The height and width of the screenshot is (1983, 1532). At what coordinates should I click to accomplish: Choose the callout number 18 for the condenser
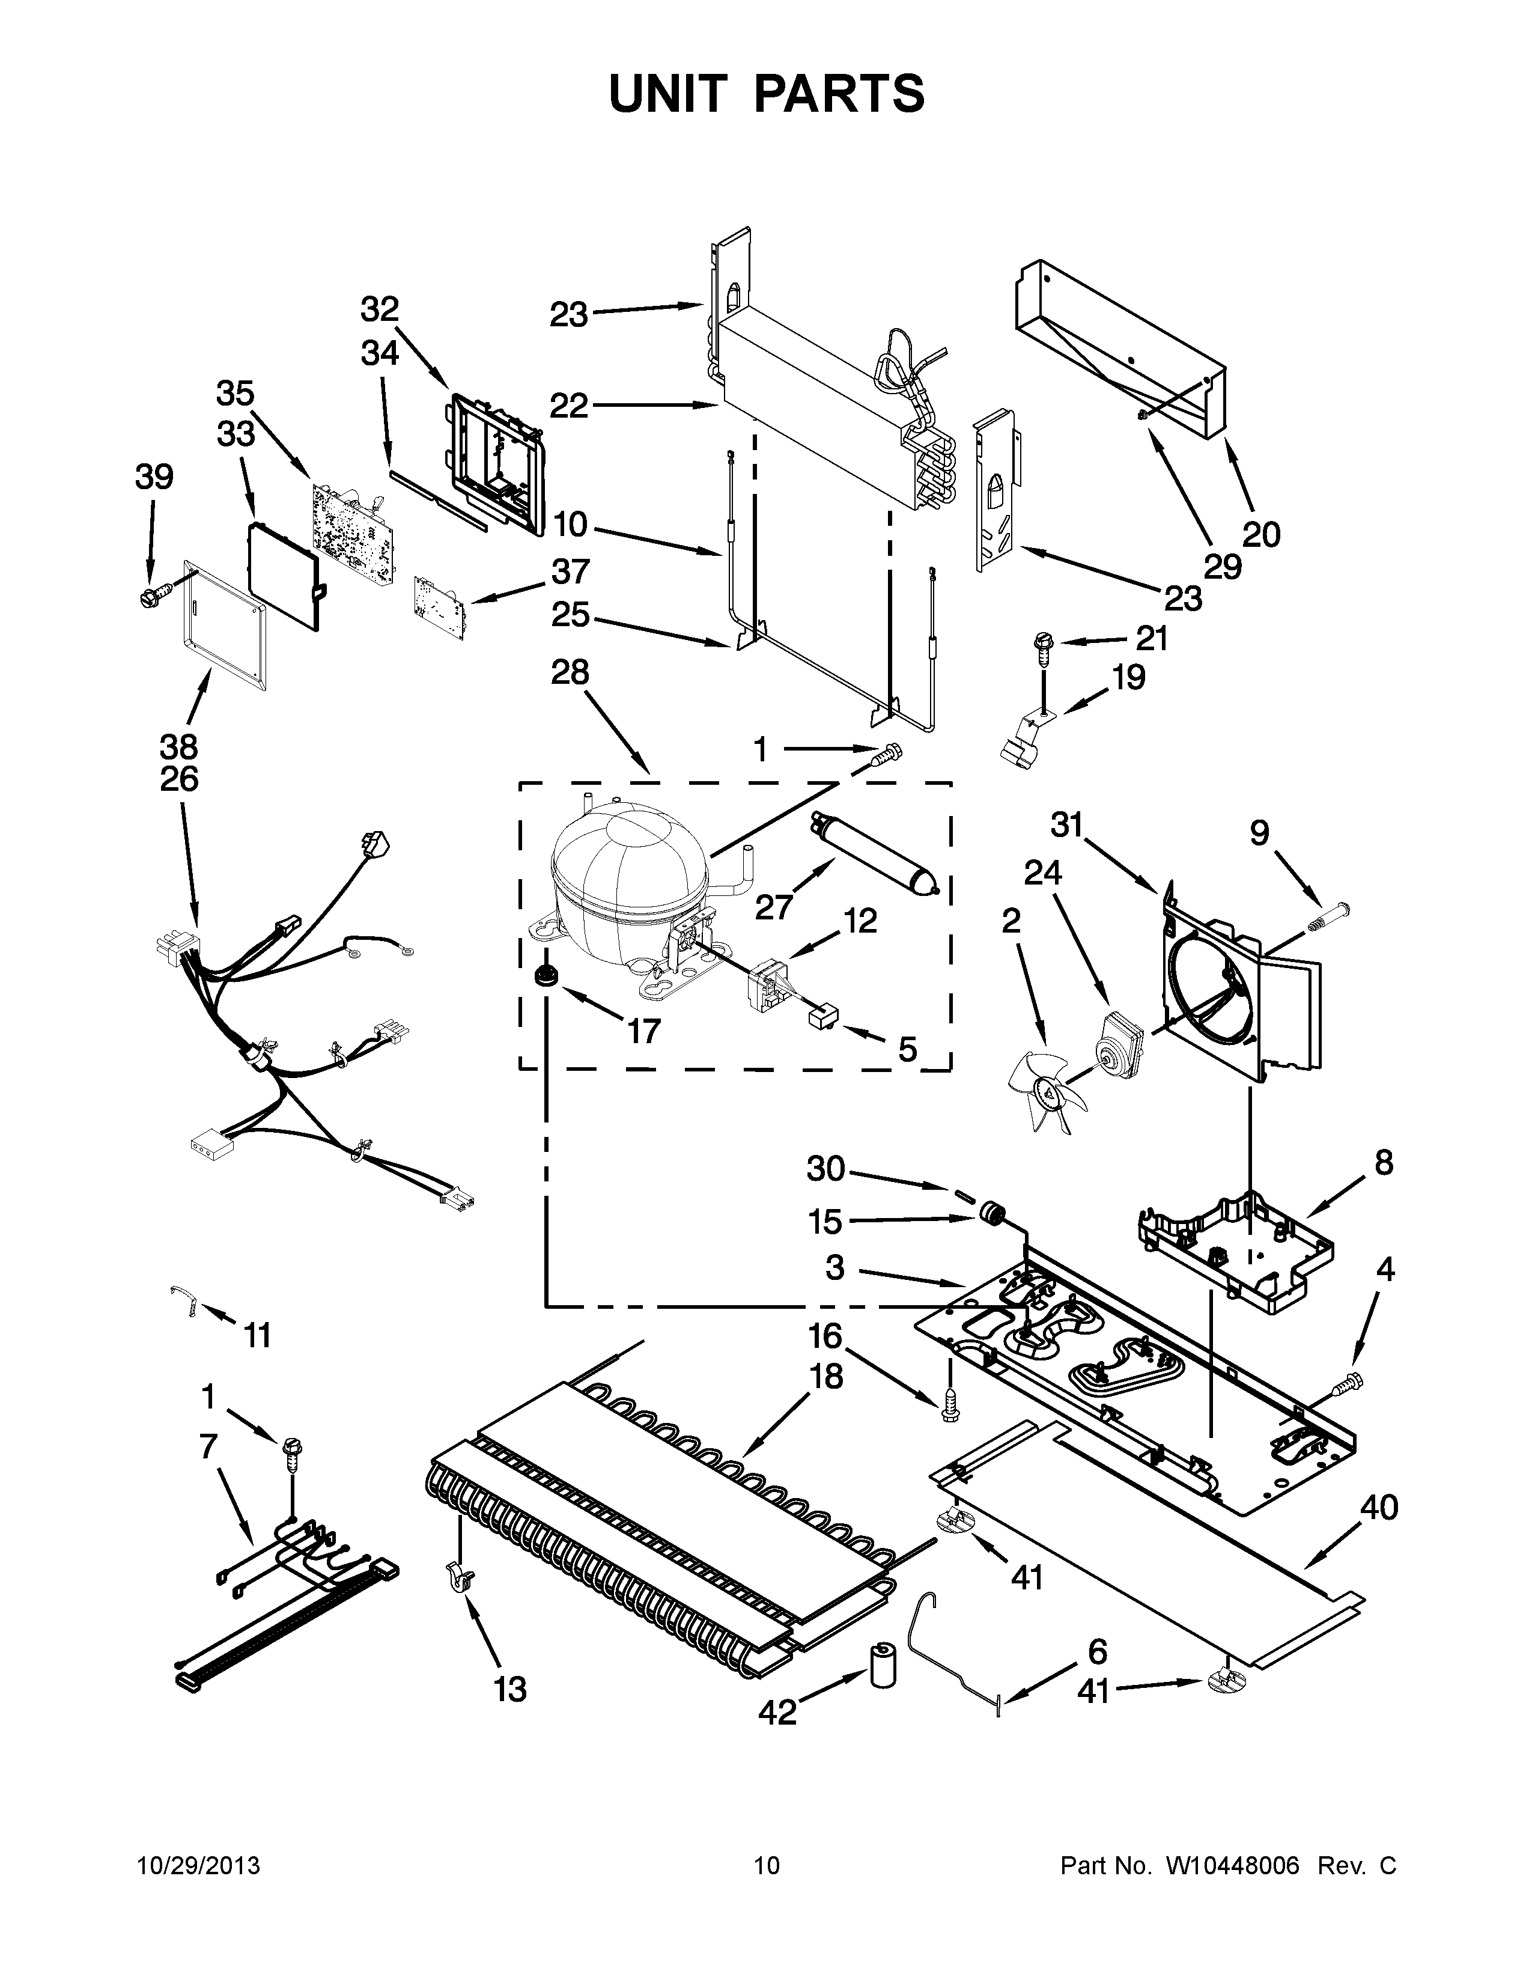[826, 1377]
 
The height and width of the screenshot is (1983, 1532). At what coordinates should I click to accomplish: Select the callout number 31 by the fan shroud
[1068, 824]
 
